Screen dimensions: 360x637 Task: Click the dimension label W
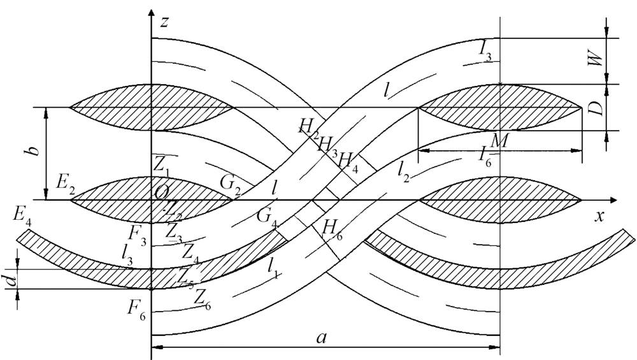pyautogui.click(x=594, y=61)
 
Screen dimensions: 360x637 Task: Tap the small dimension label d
pyautogui.click(x=9, y=278)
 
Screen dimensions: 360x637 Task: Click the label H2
pyautogui.click(x=309, y=126)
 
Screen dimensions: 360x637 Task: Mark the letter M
pyautogui.click(x=499, y=141)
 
